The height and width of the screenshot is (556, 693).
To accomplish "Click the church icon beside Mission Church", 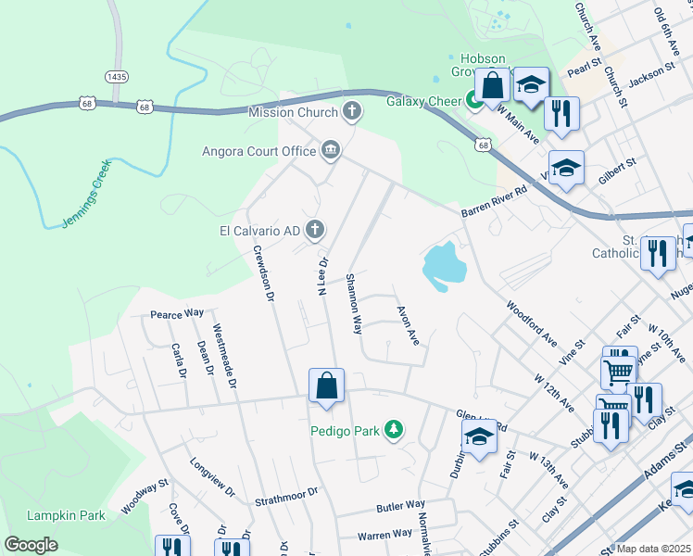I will click(x=351, y=112).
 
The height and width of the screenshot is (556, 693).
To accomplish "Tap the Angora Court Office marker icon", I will click(x=331, y=150).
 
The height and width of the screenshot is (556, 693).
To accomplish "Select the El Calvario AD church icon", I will click(x=315, y=228).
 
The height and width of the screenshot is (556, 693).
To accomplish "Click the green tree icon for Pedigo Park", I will click(x=395, y=429).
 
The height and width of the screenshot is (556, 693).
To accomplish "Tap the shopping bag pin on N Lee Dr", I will click(x=326, y=386).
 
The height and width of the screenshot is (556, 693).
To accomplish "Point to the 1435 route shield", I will click(x=117, y=76).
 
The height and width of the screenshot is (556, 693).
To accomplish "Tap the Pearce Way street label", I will click(x=177, y=314).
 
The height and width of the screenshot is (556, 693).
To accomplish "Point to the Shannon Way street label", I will click(x=353, y=303).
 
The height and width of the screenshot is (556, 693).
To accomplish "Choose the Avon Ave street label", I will click(x=408, y=326).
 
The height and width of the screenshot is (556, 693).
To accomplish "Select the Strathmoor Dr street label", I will click(x=286, y=495).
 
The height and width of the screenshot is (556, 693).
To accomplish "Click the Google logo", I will click(x=31, y=545).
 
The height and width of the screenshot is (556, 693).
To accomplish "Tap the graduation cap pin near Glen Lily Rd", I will click(x=479, y=437).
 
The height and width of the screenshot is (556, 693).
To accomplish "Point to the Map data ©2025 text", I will click(x=654, y=549).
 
